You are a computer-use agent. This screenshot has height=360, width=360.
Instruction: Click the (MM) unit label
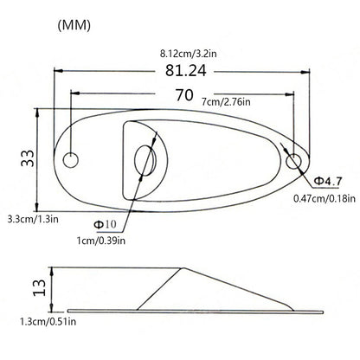point(74,26)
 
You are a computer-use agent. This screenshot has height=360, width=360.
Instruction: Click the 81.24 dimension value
point(186,70)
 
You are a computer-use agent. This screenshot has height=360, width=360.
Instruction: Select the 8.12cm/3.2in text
point(188,54)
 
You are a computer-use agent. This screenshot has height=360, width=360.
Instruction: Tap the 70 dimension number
point(184,95)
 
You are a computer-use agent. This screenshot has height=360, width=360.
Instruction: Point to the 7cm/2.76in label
point(226,102)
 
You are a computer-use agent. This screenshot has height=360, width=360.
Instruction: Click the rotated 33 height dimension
point(28,158)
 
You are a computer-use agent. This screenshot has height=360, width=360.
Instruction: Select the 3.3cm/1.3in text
point(33,219)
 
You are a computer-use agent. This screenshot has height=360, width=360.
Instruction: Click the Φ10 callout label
point(106,224)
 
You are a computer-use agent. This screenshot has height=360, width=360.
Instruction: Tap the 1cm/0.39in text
point(101,241)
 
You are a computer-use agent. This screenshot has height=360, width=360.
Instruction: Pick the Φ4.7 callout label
point(328,181)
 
